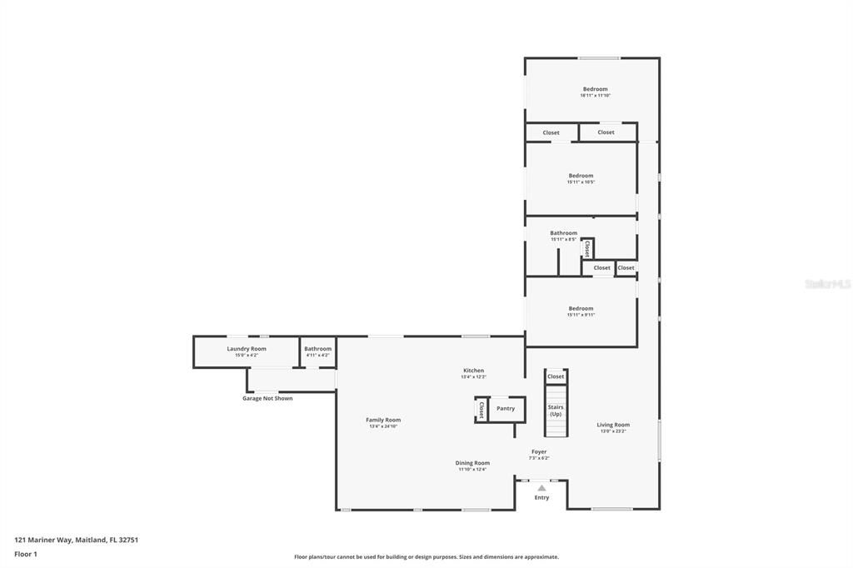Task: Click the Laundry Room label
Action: [x=247, y=348]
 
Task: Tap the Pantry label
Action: [x=506, y=408]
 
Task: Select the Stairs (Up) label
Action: [x=555, y=411]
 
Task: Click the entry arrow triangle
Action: [x=541, y=487]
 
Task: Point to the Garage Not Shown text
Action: [x=267, y=398]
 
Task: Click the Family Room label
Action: [x=383, y=420]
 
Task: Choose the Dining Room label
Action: [x=472, y=462]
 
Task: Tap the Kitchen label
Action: [x=473, y=371]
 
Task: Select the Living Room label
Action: [x=613, y=425]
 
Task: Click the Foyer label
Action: [x=539, y=451]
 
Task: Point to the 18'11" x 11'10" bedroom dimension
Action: [x=595, y=96]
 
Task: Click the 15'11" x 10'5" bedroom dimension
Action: [x=581, y=182]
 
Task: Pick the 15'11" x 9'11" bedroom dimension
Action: [x=581, y=315]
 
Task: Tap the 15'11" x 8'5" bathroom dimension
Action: [x=563, y=240]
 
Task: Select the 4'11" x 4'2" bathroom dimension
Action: [x=317, y=356]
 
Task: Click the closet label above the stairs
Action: [x=556, y=376]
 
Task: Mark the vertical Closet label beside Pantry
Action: [x=481, y=410]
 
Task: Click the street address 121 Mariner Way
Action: [x=76, y=540]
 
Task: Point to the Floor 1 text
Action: [x=26, y=554]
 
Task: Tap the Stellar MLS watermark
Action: [x=827, y=284]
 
